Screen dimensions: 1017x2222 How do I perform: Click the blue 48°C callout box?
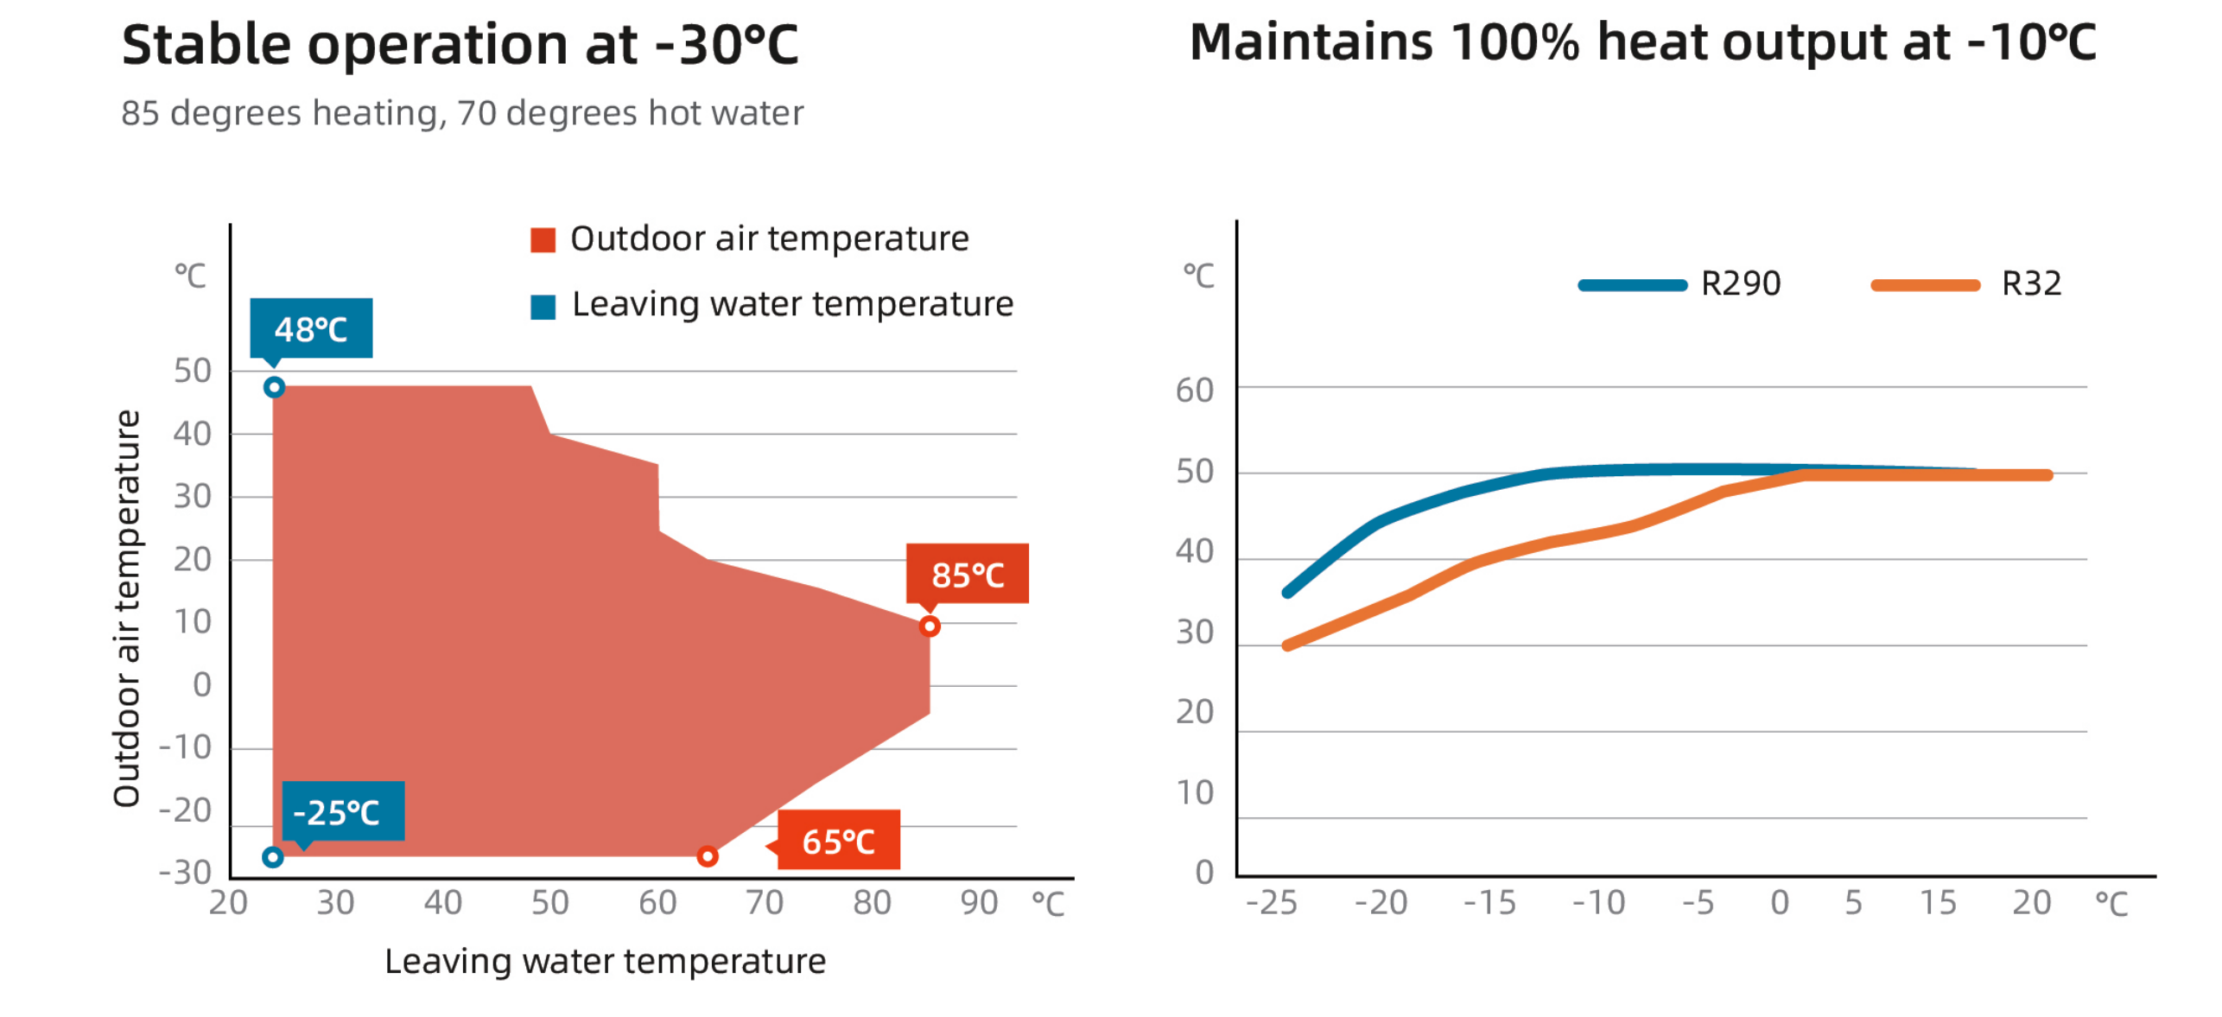point(311,328)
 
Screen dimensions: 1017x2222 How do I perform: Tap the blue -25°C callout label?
point(343,810)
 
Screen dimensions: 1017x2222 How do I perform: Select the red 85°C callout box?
point(967,573)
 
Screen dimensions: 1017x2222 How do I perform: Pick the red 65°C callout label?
point(838,840)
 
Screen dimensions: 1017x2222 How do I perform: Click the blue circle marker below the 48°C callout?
point(274,387)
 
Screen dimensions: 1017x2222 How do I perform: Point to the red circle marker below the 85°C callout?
point(930,626)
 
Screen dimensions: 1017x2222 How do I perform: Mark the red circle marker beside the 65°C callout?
point(708,856)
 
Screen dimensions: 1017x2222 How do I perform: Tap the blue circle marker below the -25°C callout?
point(273,857)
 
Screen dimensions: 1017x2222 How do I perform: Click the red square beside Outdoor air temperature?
point(543,239)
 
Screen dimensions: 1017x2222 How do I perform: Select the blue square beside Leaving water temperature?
point(543,307)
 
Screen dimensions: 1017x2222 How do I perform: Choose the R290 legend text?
point(1740,283)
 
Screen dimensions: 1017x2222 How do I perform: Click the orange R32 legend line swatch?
point(1925,285)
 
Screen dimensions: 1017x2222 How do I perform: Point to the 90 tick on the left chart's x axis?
point(979,903)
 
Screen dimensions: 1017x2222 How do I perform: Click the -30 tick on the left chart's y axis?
point(186,872)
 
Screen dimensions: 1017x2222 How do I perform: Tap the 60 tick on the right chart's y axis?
point(1195,391)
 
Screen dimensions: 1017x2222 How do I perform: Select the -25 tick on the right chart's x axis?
point(1271,903)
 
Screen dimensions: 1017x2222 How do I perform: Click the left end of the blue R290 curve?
point(1287,593)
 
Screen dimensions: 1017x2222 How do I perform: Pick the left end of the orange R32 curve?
point(1287,645)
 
